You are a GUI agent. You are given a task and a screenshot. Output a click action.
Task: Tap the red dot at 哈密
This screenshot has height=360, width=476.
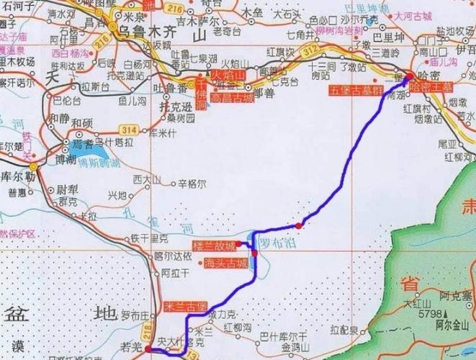point(408,76)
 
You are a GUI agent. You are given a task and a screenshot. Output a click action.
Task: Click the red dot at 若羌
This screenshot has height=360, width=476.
point(148,350)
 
